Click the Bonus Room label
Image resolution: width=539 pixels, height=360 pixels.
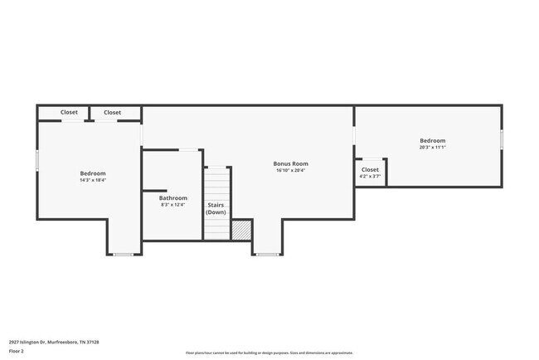click(x=290, y=163)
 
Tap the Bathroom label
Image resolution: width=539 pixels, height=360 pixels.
click(x=173, y=198)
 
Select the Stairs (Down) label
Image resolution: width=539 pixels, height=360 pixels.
click(x=216, y=208)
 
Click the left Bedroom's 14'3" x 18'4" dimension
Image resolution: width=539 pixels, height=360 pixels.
click(x=92, y=180)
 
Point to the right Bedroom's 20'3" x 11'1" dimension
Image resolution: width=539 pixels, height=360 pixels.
click(x=432, y=148)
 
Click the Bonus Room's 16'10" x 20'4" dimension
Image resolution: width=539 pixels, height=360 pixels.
click(x=290, y=171)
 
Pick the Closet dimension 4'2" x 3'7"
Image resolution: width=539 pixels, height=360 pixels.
click(x=370, y=177)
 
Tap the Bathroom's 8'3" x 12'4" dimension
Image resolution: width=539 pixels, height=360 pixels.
click(x=173, y=205)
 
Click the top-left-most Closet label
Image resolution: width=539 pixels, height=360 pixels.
click(x=69, y=112)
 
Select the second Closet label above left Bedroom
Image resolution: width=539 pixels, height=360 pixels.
click(x=112, y=112)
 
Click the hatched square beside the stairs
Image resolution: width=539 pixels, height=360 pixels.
click(x=241, y=230)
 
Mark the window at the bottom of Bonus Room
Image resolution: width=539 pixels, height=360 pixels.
click(x=267, y=254)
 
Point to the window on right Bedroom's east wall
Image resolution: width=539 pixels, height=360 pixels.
click(x=502, y=139)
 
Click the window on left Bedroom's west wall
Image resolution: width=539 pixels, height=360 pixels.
click(x=36, y=159)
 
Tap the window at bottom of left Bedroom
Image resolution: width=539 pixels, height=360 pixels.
click(x=124, y=254)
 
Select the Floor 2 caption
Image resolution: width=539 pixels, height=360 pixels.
click(x=17, y=351)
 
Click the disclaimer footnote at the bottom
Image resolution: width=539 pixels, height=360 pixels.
click(x=269, y=353)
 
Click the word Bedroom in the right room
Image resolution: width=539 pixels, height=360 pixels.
click(x=432, y=141)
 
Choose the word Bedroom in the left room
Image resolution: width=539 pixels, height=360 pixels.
click(x=92, y=173)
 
